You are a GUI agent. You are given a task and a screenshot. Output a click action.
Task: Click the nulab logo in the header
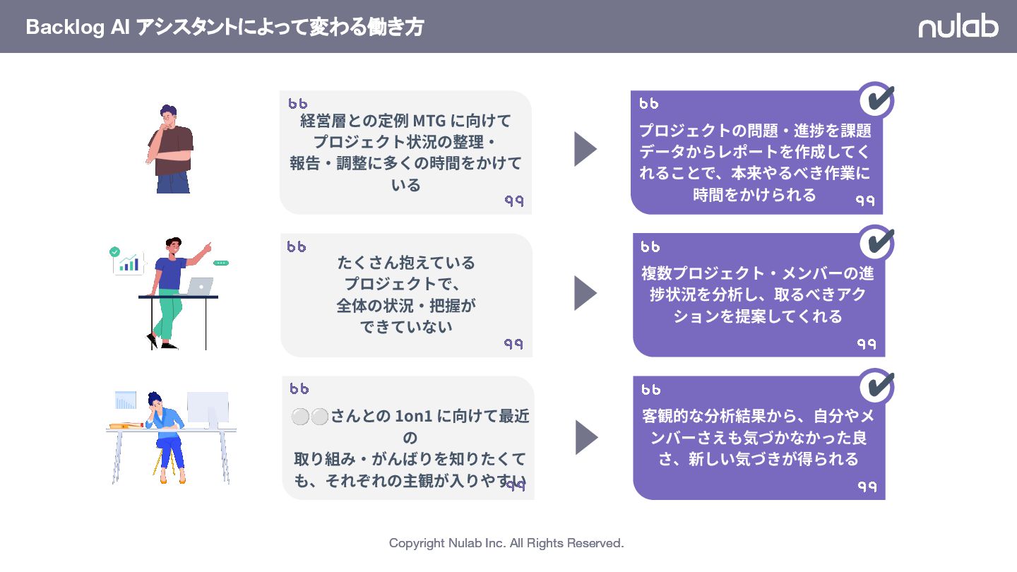[x=958, y=27]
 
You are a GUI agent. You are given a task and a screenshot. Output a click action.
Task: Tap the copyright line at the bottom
[x=506, y=543]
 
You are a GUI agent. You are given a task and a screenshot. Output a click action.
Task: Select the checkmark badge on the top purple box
[x=876, y=100]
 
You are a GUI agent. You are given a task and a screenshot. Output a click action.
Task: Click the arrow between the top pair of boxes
[x=585, y=149]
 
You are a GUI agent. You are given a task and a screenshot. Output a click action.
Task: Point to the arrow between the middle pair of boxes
[x=585, y=293]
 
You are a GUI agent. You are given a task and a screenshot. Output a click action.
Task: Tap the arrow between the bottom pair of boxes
[x=586, y=438]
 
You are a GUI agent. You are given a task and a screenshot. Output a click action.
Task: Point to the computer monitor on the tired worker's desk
[x=208, y=408]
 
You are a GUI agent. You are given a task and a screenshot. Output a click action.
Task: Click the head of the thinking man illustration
[x=168, y=116]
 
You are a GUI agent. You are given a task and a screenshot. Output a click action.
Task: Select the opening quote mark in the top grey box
[x=297, y=103]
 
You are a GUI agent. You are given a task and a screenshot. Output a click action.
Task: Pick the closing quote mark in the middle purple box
[x=866, y=343]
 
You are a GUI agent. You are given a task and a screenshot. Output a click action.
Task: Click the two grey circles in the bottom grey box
[x=310, y=417]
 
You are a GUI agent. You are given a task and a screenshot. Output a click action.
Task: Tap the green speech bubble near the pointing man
[x=221, y=263]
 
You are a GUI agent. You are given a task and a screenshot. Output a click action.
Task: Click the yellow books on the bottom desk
[x=126, y=425]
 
